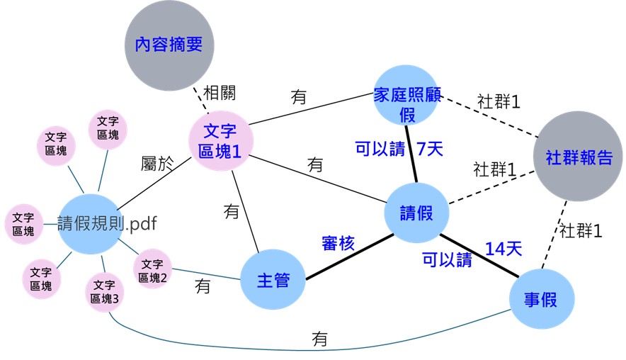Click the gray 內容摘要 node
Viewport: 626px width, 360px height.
point(169,45)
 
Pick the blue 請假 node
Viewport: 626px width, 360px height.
point(416,213)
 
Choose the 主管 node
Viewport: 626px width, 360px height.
point(273,280)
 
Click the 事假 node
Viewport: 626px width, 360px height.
point(541,299)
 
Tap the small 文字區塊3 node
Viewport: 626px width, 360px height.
point(105,292)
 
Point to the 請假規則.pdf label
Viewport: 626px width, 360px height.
point(106,223)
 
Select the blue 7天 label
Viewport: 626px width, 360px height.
point(429,149)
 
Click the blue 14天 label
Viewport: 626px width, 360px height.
point(503,249)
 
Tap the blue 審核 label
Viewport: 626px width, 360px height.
point(338,244)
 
